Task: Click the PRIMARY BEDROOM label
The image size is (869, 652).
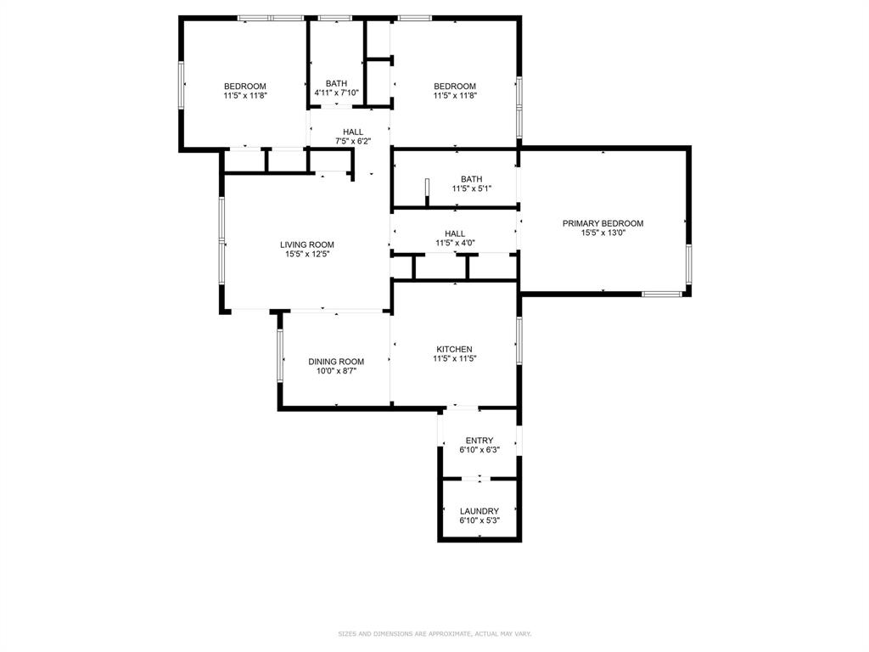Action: tap(603, 223)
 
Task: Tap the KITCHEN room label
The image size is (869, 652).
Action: tap(454, 349)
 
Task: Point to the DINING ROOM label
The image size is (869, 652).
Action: tap(336, 362)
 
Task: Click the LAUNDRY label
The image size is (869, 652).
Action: tap(479, 511)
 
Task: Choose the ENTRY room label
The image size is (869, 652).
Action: tap(479, 441)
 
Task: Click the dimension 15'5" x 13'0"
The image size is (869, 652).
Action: tap(603, 233)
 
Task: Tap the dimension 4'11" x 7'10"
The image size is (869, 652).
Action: tap(336, 93)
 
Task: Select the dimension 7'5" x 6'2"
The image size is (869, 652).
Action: tap(353, 141)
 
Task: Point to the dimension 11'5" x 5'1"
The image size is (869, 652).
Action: tap(471, 188)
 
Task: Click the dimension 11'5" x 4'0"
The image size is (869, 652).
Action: tap(455, 243)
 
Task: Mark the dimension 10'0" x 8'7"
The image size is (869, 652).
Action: tap(336, 371)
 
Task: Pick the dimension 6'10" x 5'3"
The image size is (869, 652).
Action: tap(479, 520)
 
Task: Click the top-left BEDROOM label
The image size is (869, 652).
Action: tap(245, 86)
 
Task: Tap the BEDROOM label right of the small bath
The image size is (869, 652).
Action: tap(455, 86)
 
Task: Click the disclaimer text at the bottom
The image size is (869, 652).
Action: tap(434, 633)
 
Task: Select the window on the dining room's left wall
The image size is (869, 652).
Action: tap(280, 353)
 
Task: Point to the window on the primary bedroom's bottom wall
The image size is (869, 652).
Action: tap(662, 294)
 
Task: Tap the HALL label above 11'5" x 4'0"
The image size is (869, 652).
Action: tap(455, 233)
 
